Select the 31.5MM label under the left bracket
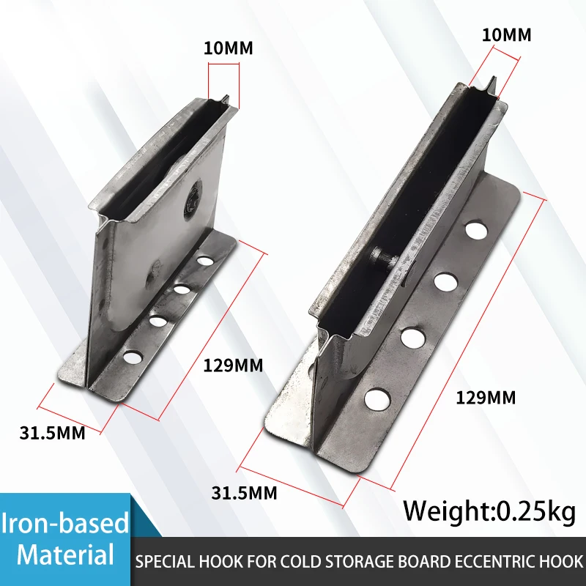(x=52, y=432)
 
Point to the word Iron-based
(x=65, y=523)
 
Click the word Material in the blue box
(x=66, y=555)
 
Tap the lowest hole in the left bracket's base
(x=133, y=357)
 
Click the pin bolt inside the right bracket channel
(x=381, y=256)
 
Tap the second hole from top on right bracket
(x=445, y=281)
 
